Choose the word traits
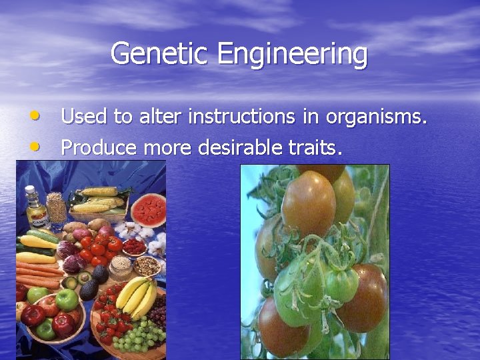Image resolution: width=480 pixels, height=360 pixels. [x=318, y=147]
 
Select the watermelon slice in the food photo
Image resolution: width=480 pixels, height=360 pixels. [x=149, y=209]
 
